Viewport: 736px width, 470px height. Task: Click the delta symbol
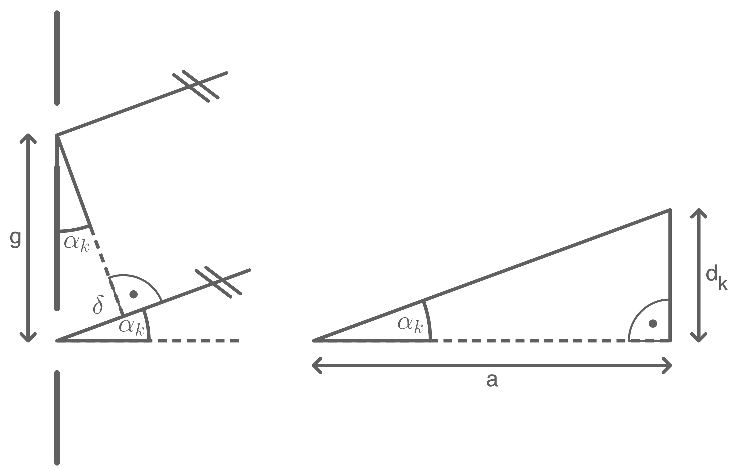pos(98,304)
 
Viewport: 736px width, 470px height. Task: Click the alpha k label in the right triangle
pos(410,325)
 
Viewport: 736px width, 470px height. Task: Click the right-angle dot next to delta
pos(133,294)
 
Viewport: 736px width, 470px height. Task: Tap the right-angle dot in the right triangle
pos(653,323)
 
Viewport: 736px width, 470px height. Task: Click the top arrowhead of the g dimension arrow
pos(28,137)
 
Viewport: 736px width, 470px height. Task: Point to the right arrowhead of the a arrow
pos(669,365)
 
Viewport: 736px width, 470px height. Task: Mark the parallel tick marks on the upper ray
pos(196,85)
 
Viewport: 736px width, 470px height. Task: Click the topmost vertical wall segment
pos(57,58)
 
